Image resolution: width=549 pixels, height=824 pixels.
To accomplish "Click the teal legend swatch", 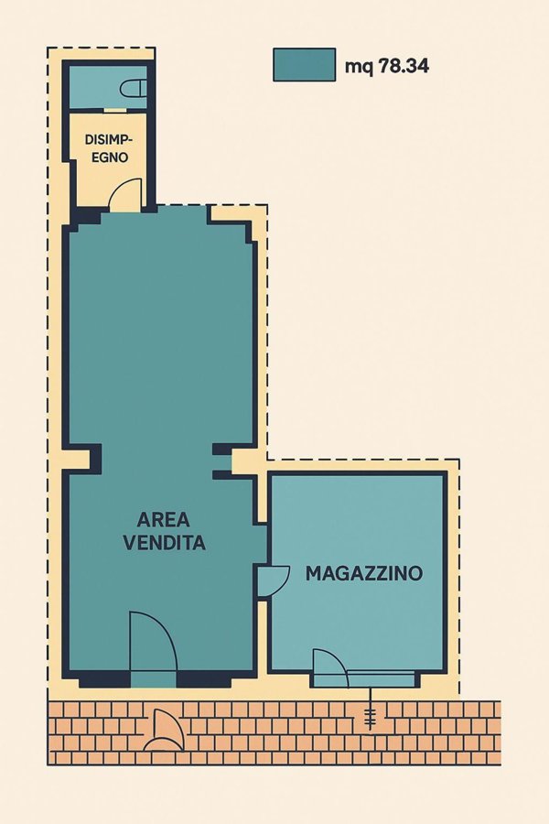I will (x=304, y=64).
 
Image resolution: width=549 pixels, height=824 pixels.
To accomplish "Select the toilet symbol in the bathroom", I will (x=135, y=88).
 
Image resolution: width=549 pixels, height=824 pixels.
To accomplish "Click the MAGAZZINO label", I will (x=363, y=574).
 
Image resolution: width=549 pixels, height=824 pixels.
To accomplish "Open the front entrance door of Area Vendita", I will (x=152, y=645).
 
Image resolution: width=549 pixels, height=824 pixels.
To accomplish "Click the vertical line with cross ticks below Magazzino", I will (x=370, y=716).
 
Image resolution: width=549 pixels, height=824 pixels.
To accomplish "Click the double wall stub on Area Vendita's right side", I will (x=223, y=461).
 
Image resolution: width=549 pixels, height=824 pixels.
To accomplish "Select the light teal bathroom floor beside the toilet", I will (x=96, y=88).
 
